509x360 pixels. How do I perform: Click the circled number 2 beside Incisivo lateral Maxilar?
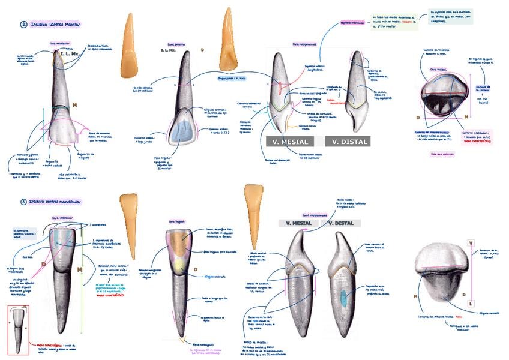23,25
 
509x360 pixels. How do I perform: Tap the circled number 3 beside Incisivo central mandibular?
23,202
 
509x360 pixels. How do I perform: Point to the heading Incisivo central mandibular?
59,202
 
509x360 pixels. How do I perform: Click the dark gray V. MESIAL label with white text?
290,142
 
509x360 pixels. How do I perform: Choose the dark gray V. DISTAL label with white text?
348,142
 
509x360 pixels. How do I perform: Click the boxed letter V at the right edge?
471,242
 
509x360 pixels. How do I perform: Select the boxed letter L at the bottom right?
471,304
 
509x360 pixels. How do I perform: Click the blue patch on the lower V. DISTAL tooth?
343,298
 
